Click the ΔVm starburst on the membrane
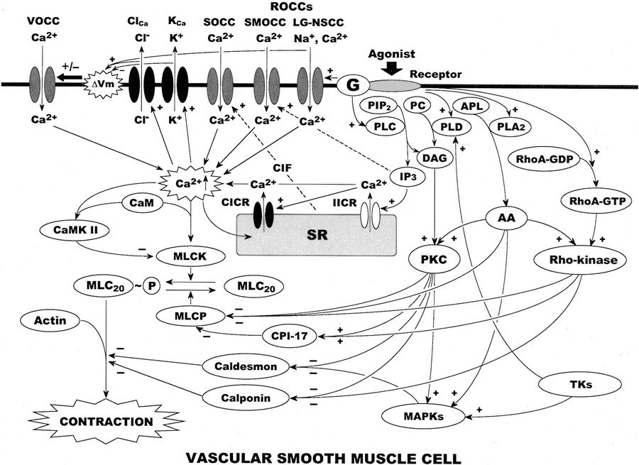pos(102,85)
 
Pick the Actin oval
pos(50,322)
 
